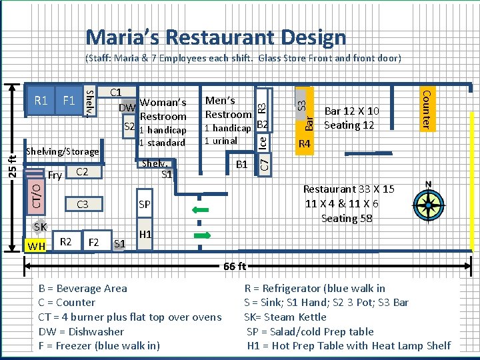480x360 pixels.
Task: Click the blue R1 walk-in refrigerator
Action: point(41,101)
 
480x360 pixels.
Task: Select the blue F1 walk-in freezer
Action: point(69,101)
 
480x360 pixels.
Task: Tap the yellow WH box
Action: point(35,245)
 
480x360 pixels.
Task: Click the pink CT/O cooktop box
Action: point(36,197)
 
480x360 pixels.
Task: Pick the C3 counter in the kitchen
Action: point(84,204)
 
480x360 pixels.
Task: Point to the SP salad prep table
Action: point(145,203)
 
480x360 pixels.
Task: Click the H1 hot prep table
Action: point(145,234)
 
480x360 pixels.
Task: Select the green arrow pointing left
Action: point(200,210)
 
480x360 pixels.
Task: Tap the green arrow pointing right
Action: point(203,235)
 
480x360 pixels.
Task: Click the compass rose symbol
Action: point(429,205)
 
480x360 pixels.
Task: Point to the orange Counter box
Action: point(427,109)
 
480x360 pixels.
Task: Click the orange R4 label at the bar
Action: point(305,143)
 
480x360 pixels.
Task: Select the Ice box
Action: point(263,143)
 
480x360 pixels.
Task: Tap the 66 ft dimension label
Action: point(235,266)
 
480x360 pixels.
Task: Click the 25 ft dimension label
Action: point(12,167)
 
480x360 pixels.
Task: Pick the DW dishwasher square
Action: point(128,107)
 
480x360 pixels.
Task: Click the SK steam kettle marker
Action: point(39,227)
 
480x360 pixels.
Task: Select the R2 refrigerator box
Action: point(67,241)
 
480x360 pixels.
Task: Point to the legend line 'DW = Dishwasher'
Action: point(81,331)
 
